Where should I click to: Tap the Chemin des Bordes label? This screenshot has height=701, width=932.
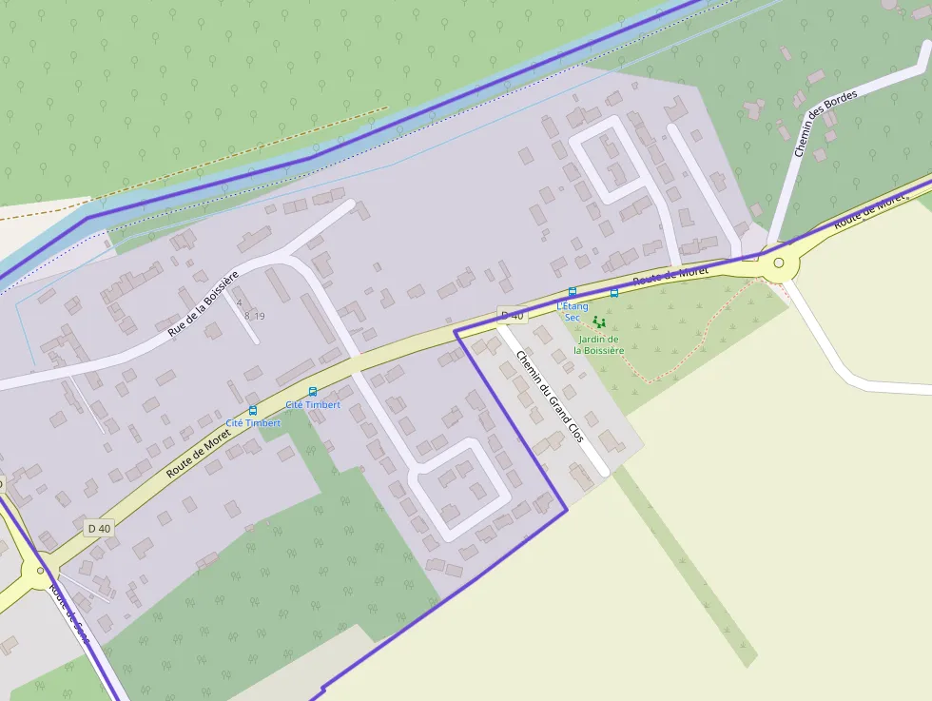click(x=825, y=124)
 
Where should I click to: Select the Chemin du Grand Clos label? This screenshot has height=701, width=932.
click(x=550, y=396)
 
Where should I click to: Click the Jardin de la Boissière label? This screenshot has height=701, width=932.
click(x=599, y=344)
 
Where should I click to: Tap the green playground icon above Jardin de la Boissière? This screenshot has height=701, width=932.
click(x=598, y=323)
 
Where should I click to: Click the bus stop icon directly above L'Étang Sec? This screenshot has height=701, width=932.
click(x=572, y=291)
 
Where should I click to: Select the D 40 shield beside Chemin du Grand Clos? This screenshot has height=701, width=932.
click(x=512, y=315)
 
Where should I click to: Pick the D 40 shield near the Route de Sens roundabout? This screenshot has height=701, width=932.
click(x=99, y=528)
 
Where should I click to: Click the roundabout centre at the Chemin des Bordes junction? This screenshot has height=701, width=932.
click(x=779, y=263)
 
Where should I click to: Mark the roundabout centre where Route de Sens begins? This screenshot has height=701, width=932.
click(x=40, y=571)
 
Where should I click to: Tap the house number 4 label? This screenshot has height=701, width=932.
click(x=239, y=303)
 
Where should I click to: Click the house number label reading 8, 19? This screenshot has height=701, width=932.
click(x=254, y=316)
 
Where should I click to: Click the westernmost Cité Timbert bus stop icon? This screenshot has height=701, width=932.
click(x=252, y=410)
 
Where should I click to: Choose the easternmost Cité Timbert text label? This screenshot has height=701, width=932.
click(x=313, y=404)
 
